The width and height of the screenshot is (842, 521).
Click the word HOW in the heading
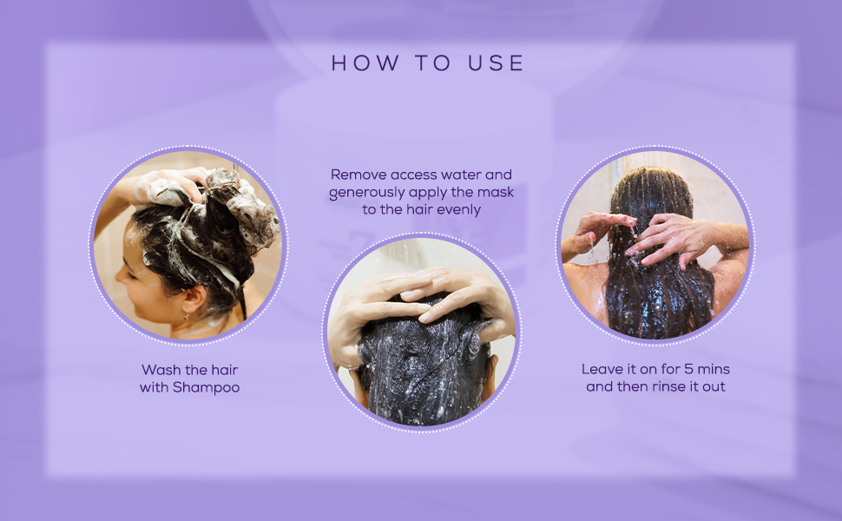pyautogui.click(x=365, y=63)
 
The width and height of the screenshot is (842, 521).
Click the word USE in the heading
pyautogui.click(x=496, y=63)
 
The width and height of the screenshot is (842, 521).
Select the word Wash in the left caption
pyautogui.click(x=161, y=370)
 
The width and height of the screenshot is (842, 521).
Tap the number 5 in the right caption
pyautogui.click(x=687, y=369)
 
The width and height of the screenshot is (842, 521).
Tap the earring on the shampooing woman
pyautogui.click(x=186, y=317)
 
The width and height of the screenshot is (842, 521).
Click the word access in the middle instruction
pyautogui.click(x=411, y=175)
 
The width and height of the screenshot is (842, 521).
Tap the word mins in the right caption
pyautogui.click(x=714, y=369)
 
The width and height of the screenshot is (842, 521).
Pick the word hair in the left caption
pyautogui.click(x=225, y=370)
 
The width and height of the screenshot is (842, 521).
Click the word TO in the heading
pyautogui.click(x=433, y=63)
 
